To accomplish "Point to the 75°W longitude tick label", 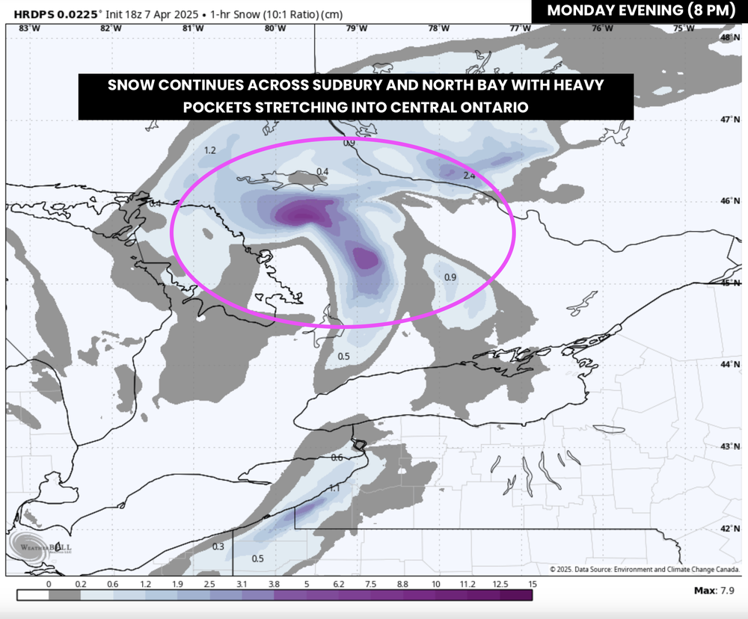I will pos(683,28).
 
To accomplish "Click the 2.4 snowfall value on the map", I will pos(470,176).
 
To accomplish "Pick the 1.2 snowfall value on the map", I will pos(210,150).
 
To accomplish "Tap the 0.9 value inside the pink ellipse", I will pos(450,277).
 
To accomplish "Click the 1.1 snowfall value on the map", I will pos(334,488).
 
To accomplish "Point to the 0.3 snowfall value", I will pos(218,546).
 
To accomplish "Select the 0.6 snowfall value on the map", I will pos(337,458).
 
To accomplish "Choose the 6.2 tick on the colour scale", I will pos(339,583).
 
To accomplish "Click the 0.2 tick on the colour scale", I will pos(82,583).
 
